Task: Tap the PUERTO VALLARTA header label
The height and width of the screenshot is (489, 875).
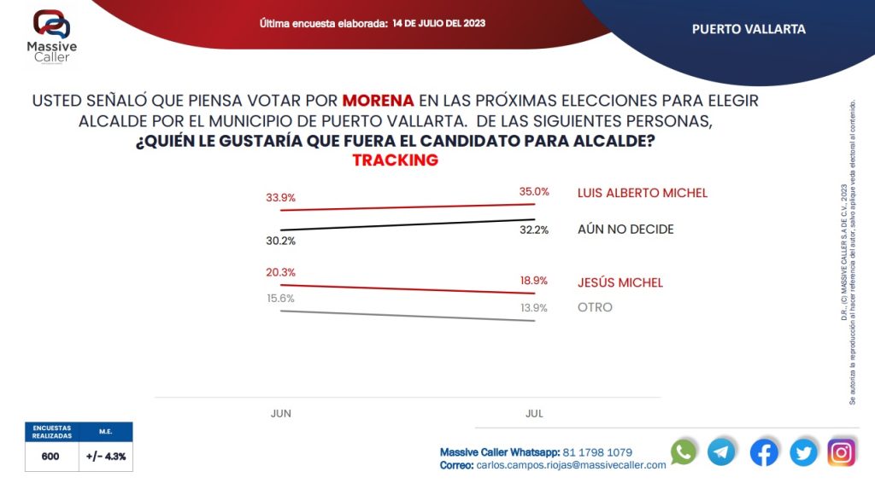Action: [x=749, y=29]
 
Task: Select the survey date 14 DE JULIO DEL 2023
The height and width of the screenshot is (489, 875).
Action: [x=439, y=23]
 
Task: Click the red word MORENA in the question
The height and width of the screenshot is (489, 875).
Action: [x=379, y=101]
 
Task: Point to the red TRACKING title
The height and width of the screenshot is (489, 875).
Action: [x=395, y=160]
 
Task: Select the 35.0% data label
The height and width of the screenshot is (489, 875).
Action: [x=534, y=192]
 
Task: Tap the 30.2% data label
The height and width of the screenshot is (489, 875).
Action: [x=280, y=241]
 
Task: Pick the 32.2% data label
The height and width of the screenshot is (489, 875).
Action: [x=534, y=230]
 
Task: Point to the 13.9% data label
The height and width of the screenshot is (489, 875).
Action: [x=534, y=307]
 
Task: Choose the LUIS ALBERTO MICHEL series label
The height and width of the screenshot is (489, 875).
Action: [x=643, y=193]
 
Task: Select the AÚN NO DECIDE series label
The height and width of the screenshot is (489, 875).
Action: [x=625, y=230]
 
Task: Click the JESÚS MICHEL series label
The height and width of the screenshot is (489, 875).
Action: [x=620, y=282]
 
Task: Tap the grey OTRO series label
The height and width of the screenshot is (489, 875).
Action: [x=595, y=307]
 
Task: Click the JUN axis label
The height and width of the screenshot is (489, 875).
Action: [x=281, y=413]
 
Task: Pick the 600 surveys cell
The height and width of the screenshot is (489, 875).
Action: [x=50, y=457]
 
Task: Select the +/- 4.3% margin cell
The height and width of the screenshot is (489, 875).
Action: [x=106, y=457]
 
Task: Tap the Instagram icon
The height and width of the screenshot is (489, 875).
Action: [x=841, y=452]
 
